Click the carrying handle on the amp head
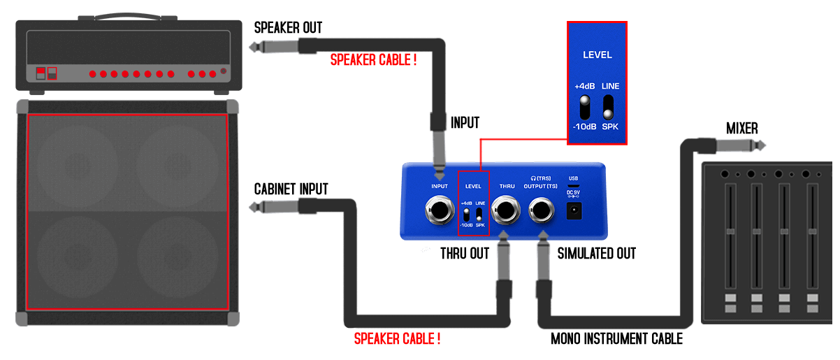[128, 15]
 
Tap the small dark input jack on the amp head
[224, 71]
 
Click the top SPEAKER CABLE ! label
[373, 59]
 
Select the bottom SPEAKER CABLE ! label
[397, 340]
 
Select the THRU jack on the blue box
[507, 209]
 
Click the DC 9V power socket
[574, 210]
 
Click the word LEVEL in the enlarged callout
[597, 55]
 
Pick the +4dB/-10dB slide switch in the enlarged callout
[584, 106]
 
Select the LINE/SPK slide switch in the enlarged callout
[608, 106]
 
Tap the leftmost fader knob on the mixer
[730, 231]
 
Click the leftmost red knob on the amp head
[92, 73]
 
